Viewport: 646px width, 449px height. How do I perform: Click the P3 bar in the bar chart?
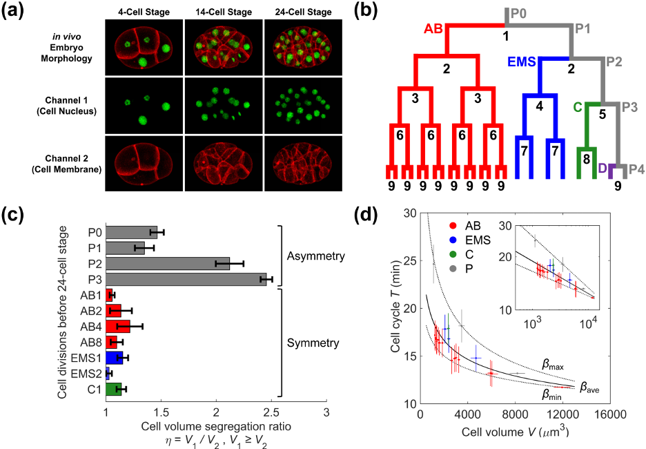186,279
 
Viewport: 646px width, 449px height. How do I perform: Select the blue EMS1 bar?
114,357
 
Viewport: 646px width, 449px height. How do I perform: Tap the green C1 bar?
113,389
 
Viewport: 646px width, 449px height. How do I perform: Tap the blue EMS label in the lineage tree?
522,61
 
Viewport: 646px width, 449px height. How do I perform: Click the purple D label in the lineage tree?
602,168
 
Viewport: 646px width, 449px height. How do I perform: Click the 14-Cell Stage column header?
224,12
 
